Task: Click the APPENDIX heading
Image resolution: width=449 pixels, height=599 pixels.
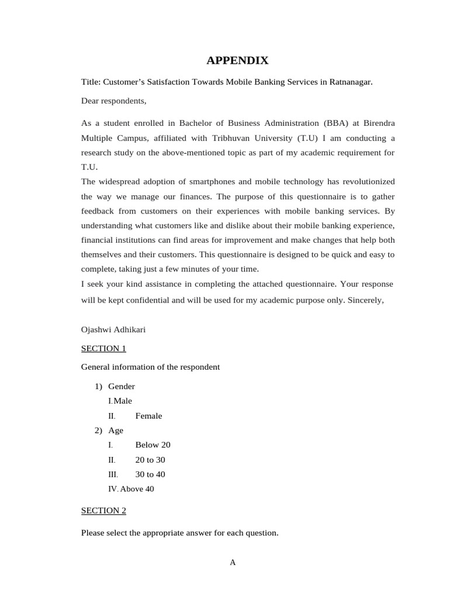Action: pos(237,60)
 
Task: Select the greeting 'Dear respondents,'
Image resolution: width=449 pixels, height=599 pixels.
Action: pos(113,101)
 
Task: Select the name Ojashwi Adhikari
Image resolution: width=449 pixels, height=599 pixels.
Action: pos(113,329)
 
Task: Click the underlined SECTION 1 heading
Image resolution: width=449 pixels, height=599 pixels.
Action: pos(103,349)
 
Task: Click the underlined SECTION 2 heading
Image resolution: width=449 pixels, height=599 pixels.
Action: pos(103,511)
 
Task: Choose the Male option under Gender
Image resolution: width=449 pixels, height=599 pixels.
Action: pos(123,401)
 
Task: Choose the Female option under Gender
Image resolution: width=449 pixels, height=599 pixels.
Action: pos(148,416)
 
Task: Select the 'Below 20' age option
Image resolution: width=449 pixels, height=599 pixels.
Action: pos(153,445)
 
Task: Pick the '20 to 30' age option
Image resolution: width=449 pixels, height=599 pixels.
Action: pos(150,460)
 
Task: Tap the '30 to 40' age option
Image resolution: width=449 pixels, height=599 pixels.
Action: pos(150,474)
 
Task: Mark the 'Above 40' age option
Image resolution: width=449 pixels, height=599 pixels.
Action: pos(137,489)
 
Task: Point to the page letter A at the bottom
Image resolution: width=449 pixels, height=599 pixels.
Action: pos(233,563)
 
